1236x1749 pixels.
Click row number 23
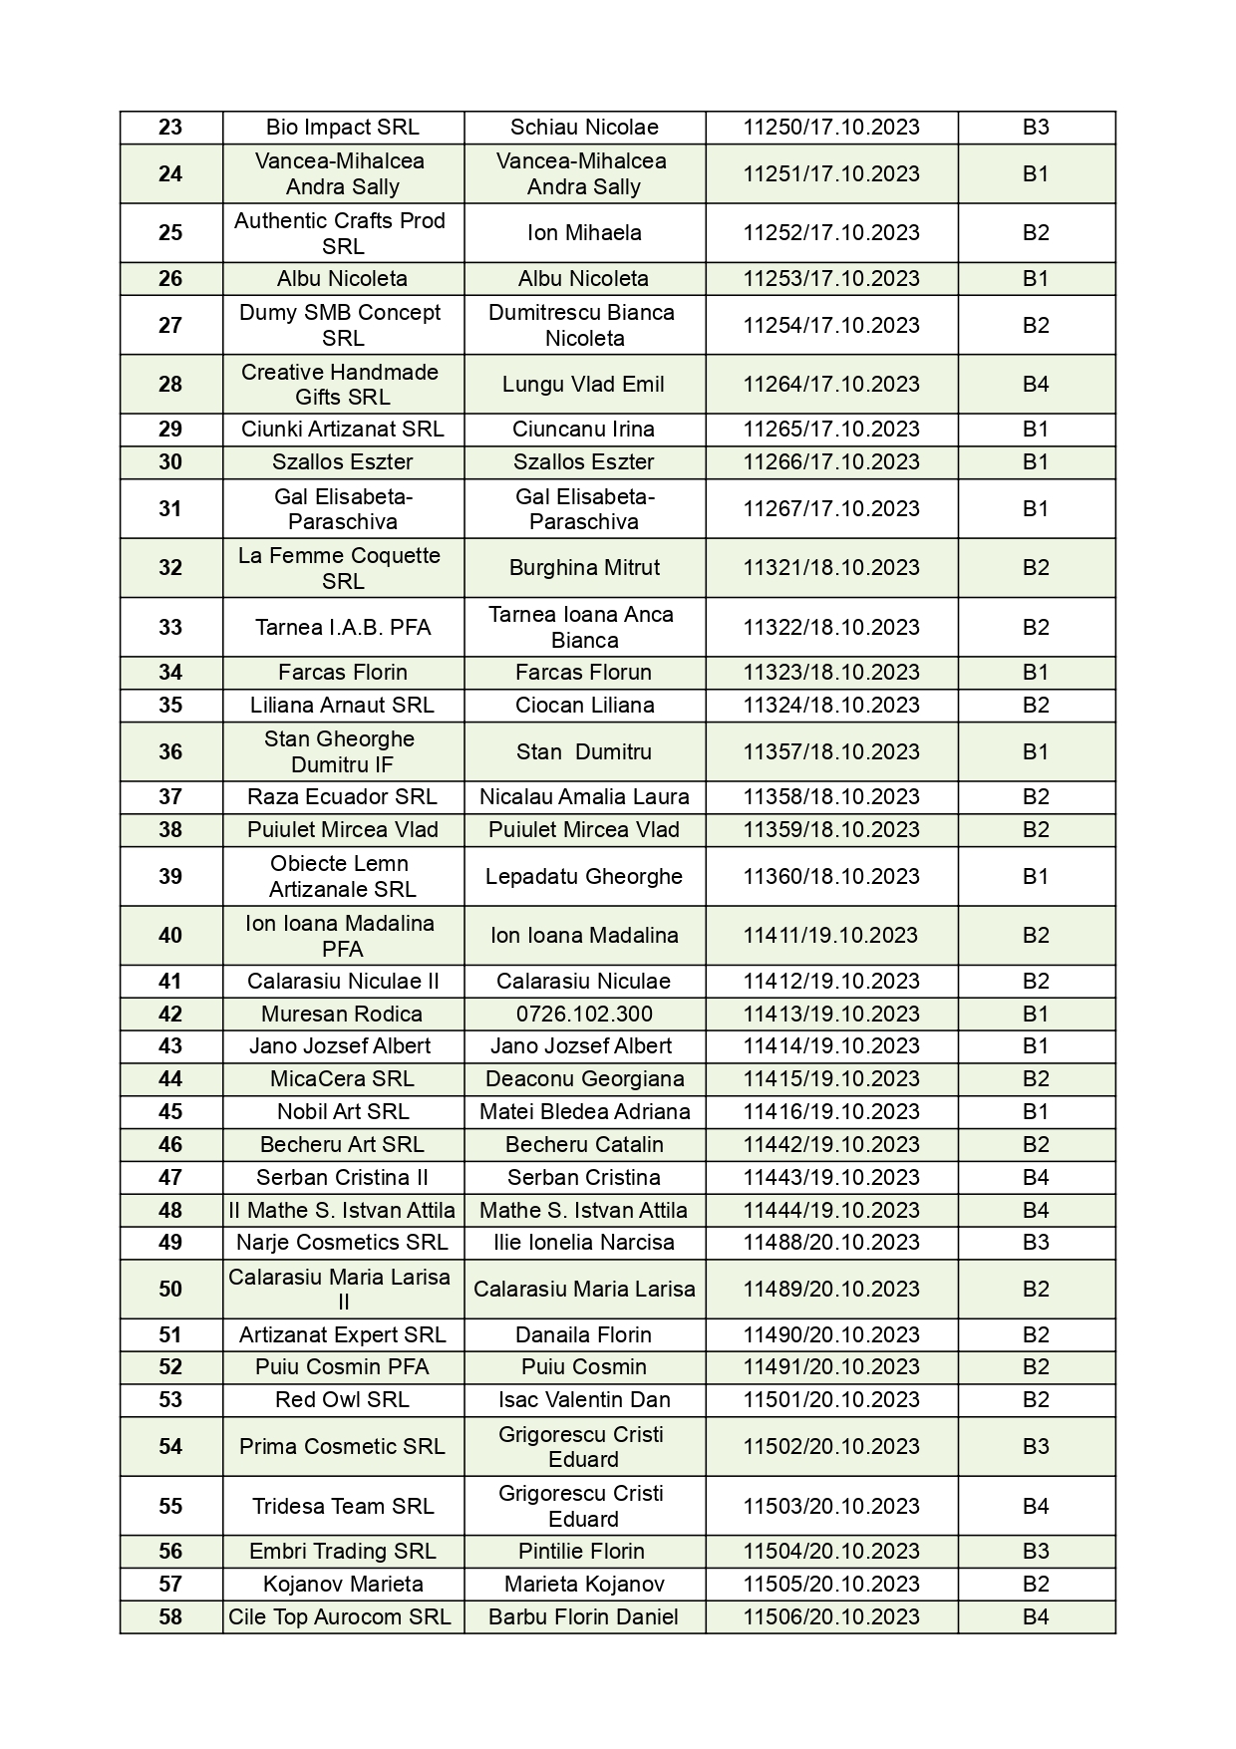170,128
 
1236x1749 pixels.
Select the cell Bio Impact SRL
342,128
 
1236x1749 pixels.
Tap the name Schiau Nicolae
584,128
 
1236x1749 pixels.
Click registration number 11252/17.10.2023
830,233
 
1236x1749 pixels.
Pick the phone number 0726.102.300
584,1014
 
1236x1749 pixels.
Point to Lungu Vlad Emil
584,385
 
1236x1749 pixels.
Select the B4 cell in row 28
1036,385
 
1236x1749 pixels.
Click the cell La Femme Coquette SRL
342,568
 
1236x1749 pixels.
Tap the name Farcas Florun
584,673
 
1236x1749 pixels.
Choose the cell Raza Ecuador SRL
342,797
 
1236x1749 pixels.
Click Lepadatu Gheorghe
584,877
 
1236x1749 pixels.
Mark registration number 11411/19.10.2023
830,936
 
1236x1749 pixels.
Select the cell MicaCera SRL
342,1079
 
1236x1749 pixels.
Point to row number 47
170,1178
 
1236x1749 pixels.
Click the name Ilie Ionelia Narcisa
584,1243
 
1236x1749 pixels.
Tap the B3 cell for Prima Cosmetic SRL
1036,1447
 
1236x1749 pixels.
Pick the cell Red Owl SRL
342,1400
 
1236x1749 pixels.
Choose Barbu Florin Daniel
584,1617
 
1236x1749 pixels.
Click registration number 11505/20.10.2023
830,1585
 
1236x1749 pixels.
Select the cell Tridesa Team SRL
342,1507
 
